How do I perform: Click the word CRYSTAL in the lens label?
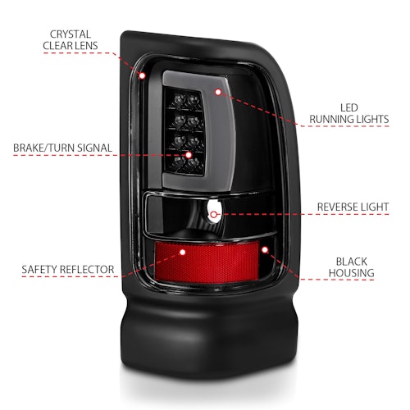point(71,34)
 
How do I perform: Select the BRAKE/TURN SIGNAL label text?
point(62,148)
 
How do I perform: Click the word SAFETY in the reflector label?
point(39,270)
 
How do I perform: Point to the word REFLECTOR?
point(87,270)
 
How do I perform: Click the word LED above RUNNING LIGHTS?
point(349,107)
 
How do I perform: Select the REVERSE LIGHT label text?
point(353,207)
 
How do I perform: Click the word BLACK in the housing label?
point(352,262)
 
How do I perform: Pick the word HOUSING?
point(352,273)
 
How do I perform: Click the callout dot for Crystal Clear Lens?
point(142,75)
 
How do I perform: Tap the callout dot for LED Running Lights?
point(218,92)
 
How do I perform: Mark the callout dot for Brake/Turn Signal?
point(189,155)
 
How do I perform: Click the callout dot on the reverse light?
point(214,215)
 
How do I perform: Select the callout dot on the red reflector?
point(183,252)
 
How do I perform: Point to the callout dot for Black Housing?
point(265,249)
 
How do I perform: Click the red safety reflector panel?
point(207,262)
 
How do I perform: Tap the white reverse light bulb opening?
point(214,212)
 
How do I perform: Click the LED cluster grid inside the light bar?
point(185,131)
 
